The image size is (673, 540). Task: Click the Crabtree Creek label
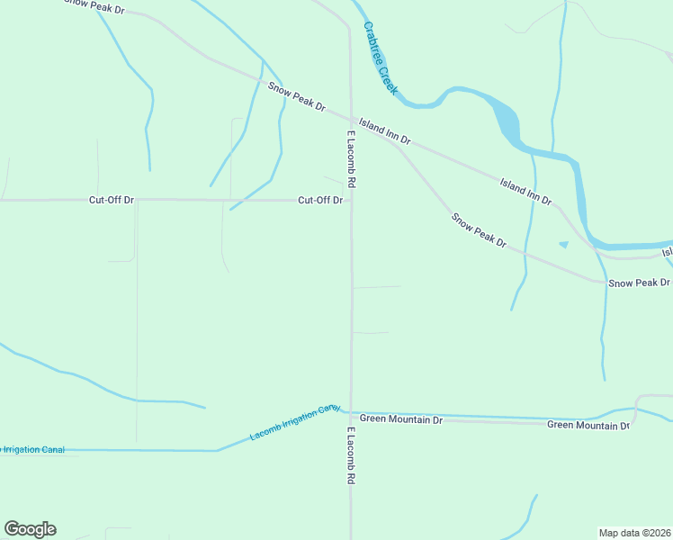click(x=380, y=58)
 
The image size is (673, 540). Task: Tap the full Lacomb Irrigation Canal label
click(x=295, y=422)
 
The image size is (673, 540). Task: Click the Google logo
click(x=30, y=529)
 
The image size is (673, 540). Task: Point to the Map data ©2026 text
click(x=635, y=533)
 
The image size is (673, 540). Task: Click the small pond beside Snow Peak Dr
click(x=564, y=244)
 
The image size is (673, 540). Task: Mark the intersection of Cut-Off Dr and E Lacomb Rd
click(x=351, y=200)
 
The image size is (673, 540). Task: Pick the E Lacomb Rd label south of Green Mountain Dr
click(x=350, y=457)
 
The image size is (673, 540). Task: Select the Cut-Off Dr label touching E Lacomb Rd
click(x=320, y=200)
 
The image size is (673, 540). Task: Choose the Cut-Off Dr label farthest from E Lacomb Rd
click(x=111, y=199)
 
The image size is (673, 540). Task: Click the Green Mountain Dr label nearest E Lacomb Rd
click(x=401, y=419)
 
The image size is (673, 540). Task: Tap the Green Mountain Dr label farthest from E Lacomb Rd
click(x=588, y=425)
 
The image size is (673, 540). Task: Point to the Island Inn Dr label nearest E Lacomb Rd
click(x=384, y=130)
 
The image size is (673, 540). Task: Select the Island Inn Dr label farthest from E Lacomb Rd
click(x=525, y=190)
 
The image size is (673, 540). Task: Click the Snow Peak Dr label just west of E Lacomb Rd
click(x=296, y=96)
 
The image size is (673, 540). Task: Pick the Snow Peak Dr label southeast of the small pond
click(x=639, y=283)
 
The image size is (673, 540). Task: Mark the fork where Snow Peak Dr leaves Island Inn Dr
click(x=393, y=142)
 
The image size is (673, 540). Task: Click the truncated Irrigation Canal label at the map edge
click(x=32, y=450)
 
